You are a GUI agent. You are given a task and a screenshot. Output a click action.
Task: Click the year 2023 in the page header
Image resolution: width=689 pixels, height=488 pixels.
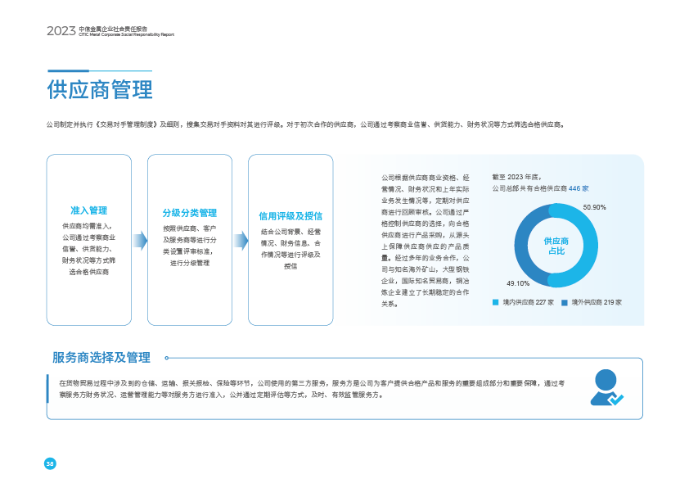(x=61, y=31)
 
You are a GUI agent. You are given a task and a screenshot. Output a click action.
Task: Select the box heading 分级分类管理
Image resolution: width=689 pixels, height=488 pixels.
(x=189, y=212)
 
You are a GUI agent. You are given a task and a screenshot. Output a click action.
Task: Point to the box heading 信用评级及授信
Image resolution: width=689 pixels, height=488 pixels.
(x=290, y=216)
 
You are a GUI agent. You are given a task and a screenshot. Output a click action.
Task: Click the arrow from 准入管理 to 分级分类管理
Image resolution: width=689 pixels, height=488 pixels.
(x=139, y=240)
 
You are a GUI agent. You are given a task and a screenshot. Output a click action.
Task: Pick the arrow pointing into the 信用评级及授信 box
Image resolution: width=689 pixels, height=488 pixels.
(x=240, y=240)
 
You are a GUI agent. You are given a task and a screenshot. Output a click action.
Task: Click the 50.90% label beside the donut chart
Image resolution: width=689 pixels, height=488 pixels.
(x=594, y=208)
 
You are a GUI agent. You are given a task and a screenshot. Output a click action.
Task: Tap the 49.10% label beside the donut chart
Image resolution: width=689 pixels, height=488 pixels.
(x=518, y=283)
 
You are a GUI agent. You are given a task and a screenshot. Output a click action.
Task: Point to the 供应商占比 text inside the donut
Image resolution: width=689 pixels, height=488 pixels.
(x=556, y=246)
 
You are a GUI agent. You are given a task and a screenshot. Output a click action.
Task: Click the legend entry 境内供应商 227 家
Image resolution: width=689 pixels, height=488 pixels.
(x=523, y=302)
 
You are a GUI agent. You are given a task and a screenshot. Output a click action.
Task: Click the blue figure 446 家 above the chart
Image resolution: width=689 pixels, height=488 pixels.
(x=579, y=188)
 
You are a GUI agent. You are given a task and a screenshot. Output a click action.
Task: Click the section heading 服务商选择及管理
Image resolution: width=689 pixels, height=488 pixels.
(x=101, y=358)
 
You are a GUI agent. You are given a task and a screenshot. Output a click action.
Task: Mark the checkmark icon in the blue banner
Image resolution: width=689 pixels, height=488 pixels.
(x=617, y=400)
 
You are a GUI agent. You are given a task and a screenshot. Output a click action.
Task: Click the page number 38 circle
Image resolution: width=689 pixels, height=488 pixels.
(x=50, y=463)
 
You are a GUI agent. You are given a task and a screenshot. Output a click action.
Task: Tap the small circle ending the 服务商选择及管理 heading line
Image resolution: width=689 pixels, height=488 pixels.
(x=168, y=358)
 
